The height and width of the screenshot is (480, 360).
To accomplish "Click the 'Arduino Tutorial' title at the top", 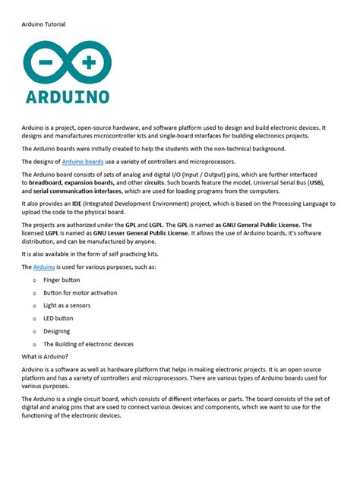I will tap(43, 24).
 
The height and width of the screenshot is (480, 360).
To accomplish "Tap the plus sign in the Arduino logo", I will tap(89, 63).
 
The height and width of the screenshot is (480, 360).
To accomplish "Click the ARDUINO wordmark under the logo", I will tap(67, 96).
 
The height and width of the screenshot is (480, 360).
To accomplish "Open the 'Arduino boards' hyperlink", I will tap(83, 162).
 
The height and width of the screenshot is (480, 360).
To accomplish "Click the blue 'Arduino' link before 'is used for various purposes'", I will tap(43, 267).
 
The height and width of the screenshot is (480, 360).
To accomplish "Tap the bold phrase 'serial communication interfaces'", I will tap(74, 192).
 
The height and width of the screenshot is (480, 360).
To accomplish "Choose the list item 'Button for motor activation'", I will tap(80, 292).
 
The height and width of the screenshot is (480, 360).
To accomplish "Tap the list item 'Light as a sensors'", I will tap(68, 305).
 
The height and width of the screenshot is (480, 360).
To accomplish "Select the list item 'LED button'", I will tap(58, 318).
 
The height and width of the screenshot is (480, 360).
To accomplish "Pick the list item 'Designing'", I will tap(57, 331).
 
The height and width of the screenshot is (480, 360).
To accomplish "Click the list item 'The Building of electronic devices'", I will tap(88, 344).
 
